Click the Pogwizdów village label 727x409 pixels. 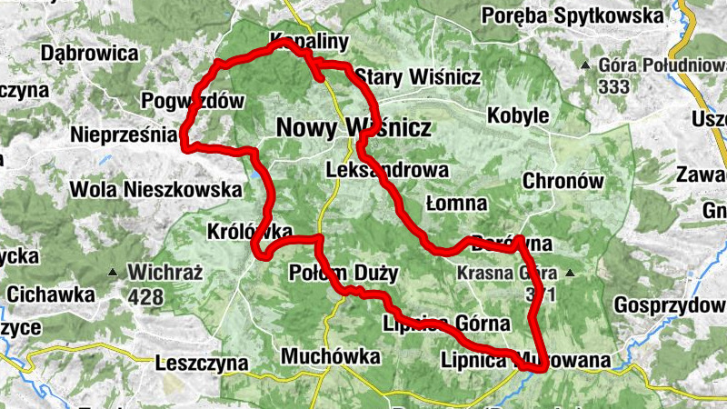(x=193, y=101)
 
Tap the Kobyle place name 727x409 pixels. (x=518, y=116)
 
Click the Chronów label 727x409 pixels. (x=563, y=181)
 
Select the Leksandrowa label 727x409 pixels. (x=387, y=170)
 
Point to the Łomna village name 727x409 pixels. (x=456, y=203)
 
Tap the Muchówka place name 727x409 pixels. (x=330, y=356)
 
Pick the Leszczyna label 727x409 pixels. (x=202, y=363)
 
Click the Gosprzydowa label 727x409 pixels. (x=669, y=304)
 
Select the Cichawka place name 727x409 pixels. (x=51, y=294)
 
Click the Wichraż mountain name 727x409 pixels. (x=164, y=271)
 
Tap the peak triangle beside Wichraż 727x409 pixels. (x=113, y=271)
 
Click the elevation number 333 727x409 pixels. (x=614, y=87)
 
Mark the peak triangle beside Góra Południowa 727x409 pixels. (x=586, y=65)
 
